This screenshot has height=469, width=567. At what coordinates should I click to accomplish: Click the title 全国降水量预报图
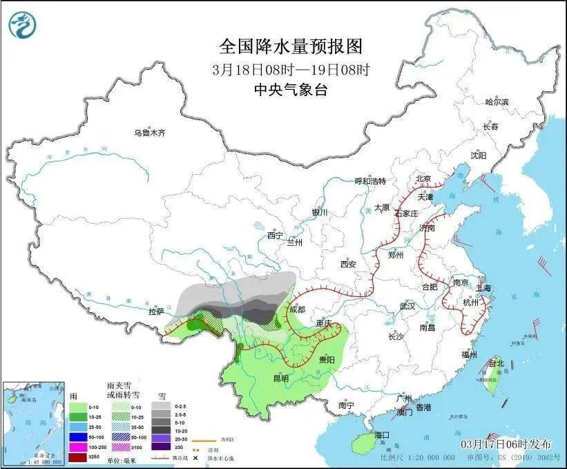[x=290, y=46]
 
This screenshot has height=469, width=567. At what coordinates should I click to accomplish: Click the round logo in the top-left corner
[x=22, y=26]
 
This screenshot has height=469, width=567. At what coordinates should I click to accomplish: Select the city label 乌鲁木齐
[x=150, y=133]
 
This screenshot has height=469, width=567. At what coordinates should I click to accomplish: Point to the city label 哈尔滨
[x=496, y=102]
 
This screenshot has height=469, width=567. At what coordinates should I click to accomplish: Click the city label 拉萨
[x=156, y=312]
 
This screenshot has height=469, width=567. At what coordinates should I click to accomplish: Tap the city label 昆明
[x=281, y=378]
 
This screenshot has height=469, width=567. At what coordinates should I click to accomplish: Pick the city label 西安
[x=347, y=264]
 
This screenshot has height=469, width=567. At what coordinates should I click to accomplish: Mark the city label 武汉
[x=407, y=305]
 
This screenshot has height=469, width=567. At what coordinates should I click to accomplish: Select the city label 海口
[x=383, y=435]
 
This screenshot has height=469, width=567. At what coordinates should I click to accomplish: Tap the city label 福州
[x=470, y=354]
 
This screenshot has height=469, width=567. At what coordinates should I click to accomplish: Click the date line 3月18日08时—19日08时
[x=290, y=69]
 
